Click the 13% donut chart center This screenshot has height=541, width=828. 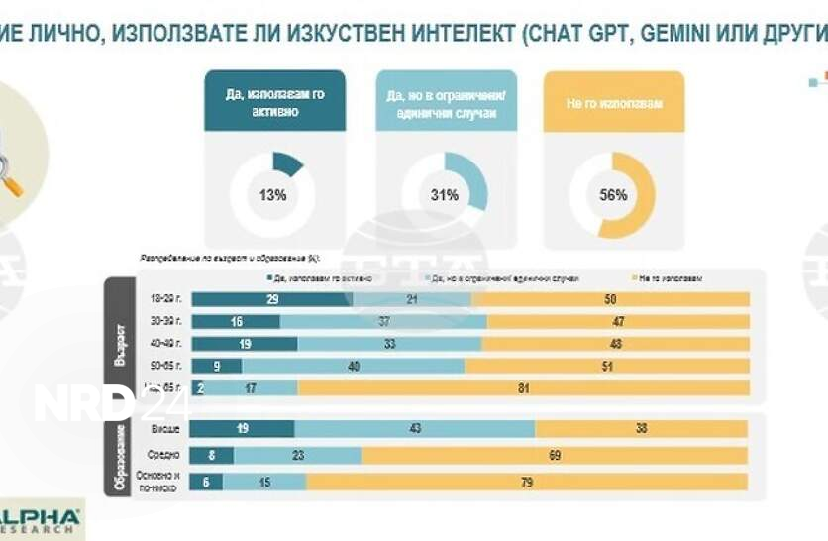click(272, 195)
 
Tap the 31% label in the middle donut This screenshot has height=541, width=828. click(445, 195)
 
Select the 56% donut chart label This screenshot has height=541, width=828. click(613, 195)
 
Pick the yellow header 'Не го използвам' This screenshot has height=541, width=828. click(613, 102)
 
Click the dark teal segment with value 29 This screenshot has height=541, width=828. click(271, 299)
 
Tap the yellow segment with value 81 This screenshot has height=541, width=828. click(523, 387)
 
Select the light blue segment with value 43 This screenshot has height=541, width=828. click(414, 428)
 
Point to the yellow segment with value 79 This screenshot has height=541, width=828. click(527, 483)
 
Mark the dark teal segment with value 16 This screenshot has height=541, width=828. click(236, 321)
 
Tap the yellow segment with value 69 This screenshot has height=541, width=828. click(555, 455)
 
